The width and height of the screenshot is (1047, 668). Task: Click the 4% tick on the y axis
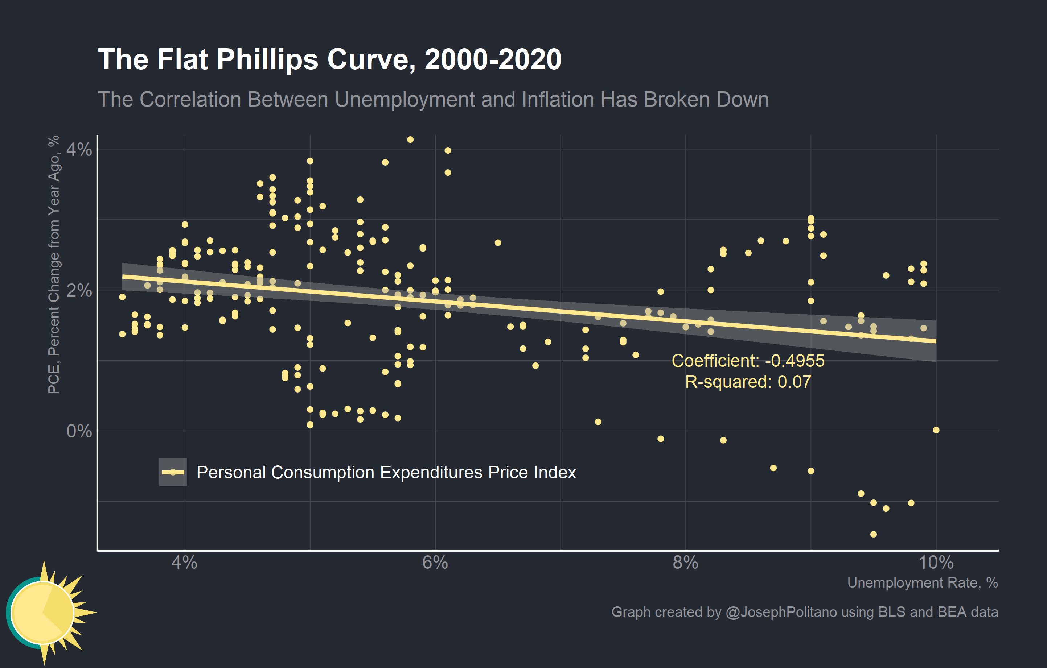[x=79, y=150]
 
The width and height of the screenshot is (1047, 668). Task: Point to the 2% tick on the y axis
[x=79, y=291]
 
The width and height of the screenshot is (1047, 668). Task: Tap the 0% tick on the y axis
[x=79, y=431]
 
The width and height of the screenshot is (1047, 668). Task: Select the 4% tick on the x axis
[x=184, y=563]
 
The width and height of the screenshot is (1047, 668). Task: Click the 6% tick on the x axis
[x=435, y=563]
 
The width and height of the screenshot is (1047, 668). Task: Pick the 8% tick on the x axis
[x=685, y=563]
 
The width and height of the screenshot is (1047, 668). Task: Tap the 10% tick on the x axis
[x=936, y=563]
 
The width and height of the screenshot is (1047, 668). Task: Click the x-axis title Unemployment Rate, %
[x=922, y=582]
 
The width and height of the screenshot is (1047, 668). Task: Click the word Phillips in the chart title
[x=267, y=59]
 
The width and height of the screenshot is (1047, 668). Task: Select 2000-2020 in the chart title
[x=493, y=59]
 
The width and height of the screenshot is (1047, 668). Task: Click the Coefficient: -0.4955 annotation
[x=747, y=361]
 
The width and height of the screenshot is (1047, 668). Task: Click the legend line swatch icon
[x=173, y=472]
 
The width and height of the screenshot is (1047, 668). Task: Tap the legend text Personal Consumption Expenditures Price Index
[x=386, y=473]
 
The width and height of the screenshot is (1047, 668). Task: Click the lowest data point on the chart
[x=874, y=534]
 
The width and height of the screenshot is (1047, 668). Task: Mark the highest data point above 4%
[x=410, y=140]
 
